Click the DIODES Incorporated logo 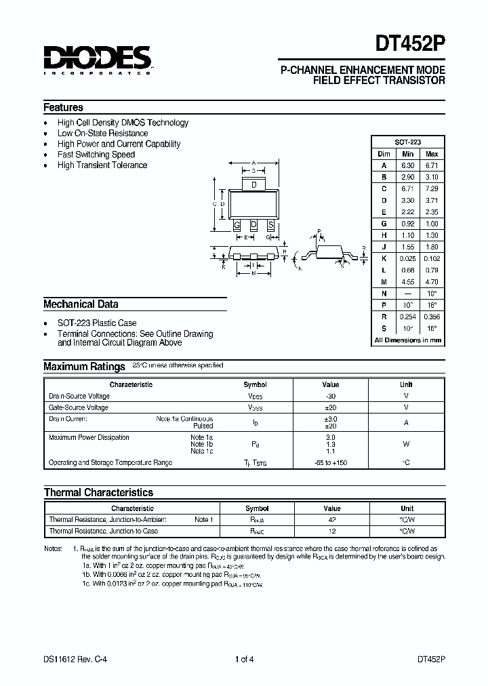tap(97, 60)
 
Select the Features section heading tap(63, 107)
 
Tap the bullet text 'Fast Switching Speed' tap(96, 155)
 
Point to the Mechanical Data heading tap(81, 304)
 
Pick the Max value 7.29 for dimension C tap(432, 188)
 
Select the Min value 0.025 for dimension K tap(408, 258)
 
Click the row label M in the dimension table tap(384, 281)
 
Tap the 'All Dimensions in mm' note tap(408, 340)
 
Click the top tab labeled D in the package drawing tap(253, 185)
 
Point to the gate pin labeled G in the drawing tap(237, 225)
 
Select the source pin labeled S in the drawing tap(270, 225)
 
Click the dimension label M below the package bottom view tap(253, 275)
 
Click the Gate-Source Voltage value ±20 tap(331, 407)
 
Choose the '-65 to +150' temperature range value tap(331, 462)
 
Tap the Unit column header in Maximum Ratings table tap(406, 384)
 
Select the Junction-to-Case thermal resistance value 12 tap(331, 531)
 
